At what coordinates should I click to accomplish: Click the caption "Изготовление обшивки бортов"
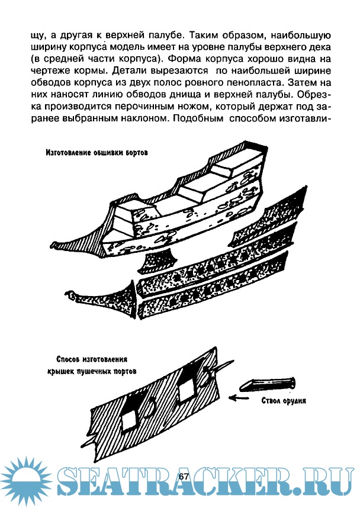click(97, 152)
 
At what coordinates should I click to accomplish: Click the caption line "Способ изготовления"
click(92, 359)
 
